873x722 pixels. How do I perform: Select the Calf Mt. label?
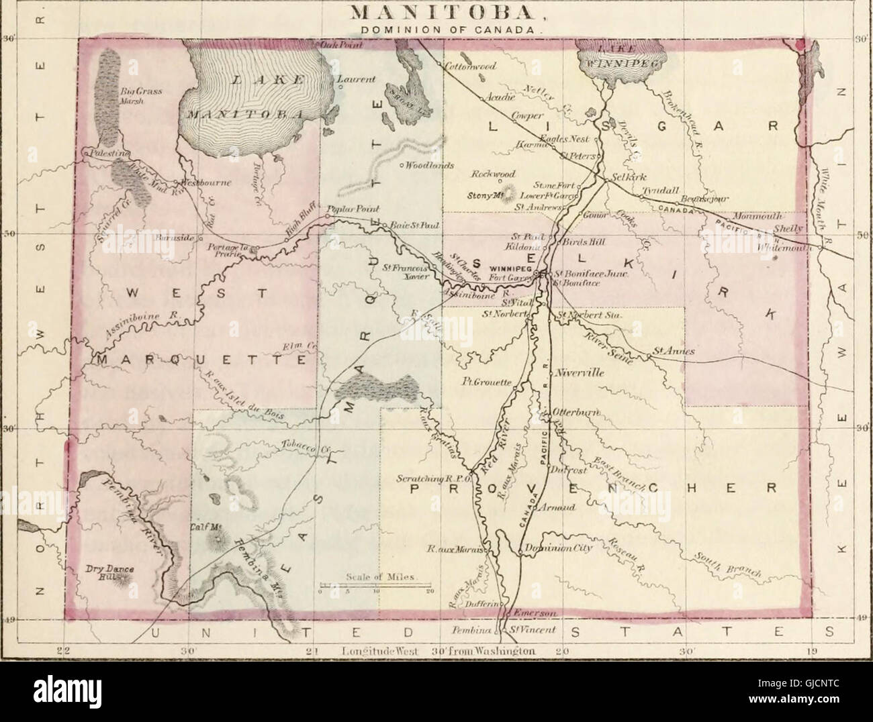[x=206, y=527]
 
